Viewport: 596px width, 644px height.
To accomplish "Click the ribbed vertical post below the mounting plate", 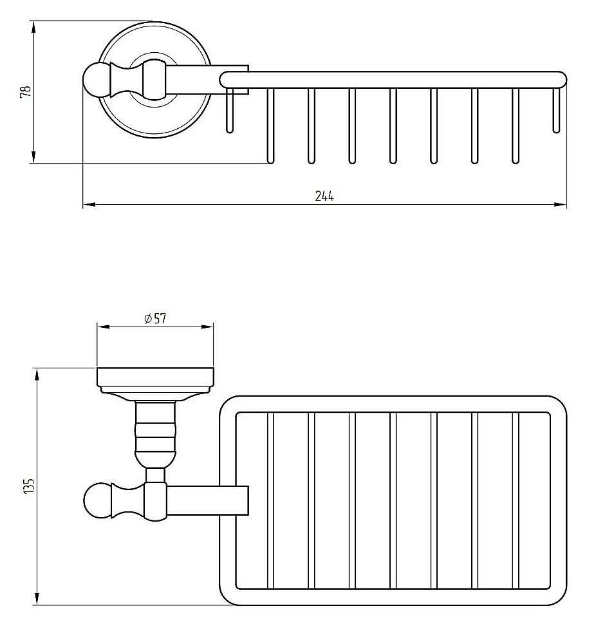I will click(154, 431).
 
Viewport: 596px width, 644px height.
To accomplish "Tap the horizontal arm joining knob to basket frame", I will click(206, 501).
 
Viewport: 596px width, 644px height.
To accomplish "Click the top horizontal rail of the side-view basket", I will click(393, 79).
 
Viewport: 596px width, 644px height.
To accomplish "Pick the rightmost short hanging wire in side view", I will click(557, 109).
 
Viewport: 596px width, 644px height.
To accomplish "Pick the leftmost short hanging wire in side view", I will click(229, 113).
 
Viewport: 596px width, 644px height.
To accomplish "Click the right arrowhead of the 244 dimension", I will click(561, 205).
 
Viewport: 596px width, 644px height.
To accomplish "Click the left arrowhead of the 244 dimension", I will click(89, 205).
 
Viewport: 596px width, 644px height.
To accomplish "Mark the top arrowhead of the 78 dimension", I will click(33, 26).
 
